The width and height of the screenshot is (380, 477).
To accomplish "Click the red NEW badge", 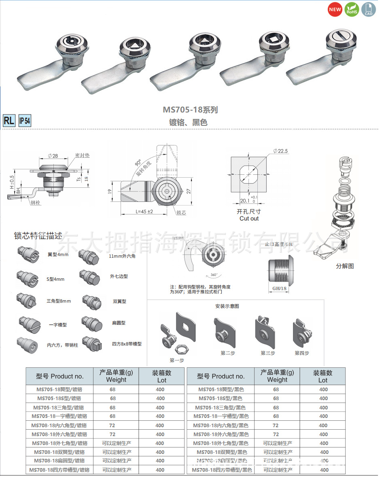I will pyautogui.click(x=335, y=9).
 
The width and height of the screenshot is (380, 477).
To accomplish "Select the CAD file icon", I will pyautogui.click(x=368, y=9).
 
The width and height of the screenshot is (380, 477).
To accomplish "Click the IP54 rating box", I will pyautogui.click(x=24, y=121).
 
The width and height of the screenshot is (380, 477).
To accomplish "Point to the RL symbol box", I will pyautogui.click(x=9, y=121).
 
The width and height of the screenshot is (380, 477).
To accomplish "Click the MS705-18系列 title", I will pyautogui.click(x=190, y=110).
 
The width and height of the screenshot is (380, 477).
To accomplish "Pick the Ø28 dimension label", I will pyautogui.click(x=53, y=156).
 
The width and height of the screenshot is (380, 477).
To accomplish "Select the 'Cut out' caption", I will pyautogui.click(x=249, y=218).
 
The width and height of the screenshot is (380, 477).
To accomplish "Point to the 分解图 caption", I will pyautogui.click(x=345, y=266).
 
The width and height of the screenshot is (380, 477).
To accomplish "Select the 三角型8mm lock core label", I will pyautogui.click(x=59, y=301).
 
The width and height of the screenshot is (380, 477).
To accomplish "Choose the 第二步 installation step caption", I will pyautogui.click(x=228, y=353).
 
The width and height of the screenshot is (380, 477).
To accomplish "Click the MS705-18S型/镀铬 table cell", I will pyautogui.click(x=60, y=399).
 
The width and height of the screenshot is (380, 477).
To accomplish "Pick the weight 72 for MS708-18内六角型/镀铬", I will pyautogui.click(x=113, y=425).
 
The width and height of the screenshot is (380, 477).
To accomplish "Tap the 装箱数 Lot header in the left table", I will pyautogui.click(x=161, y=376).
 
